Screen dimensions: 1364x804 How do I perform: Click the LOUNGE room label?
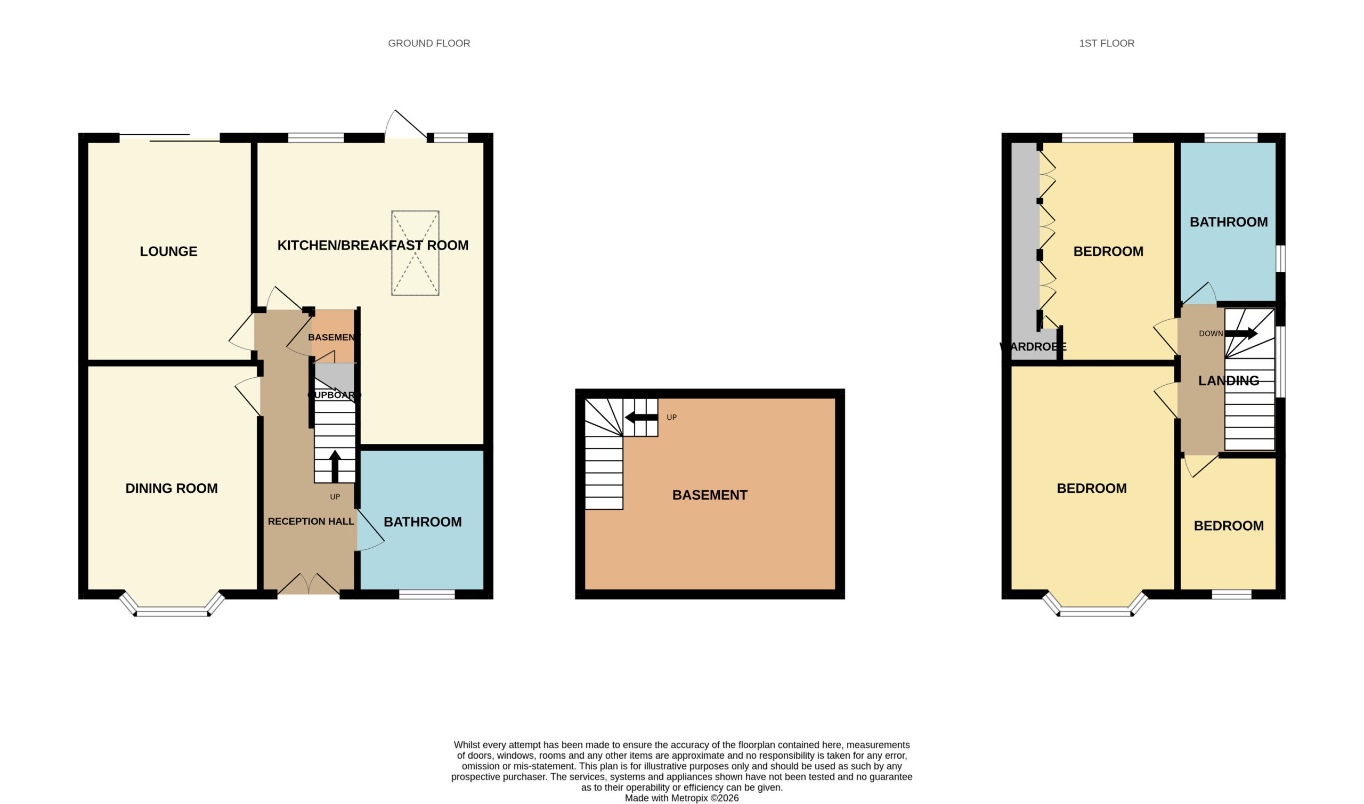coord(168,251)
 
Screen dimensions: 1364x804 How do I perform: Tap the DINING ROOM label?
coord(172,488)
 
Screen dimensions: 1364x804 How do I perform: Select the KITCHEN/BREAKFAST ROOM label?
coord(372,246)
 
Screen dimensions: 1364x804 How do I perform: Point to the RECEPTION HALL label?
coord(311,521)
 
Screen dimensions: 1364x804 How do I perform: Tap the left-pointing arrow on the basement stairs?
coord(642,418)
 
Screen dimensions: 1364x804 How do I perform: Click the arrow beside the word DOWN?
coord(1240,334)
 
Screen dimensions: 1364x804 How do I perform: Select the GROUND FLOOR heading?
coord(429,43)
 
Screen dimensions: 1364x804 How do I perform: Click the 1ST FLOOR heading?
coord(1107,43)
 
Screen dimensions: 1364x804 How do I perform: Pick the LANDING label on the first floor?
coord(1229,381)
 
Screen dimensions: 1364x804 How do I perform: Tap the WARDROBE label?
coord(1033,347)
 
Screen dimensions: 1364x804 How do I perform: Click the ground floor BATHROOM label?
coord(423,522)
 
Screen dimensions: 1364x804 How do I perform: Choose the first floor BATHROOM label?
coord(1229,222)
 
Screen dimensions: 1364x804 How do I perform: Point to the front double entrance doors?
coord(309,584)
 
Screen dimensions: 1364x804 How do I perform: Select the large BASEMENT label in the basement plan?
coord(710,495)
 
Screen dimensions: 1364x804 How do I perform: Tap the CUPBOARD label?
coord(334,395)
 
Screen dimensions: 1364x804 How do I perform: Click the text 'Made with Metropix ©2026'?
coord(682,798)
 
